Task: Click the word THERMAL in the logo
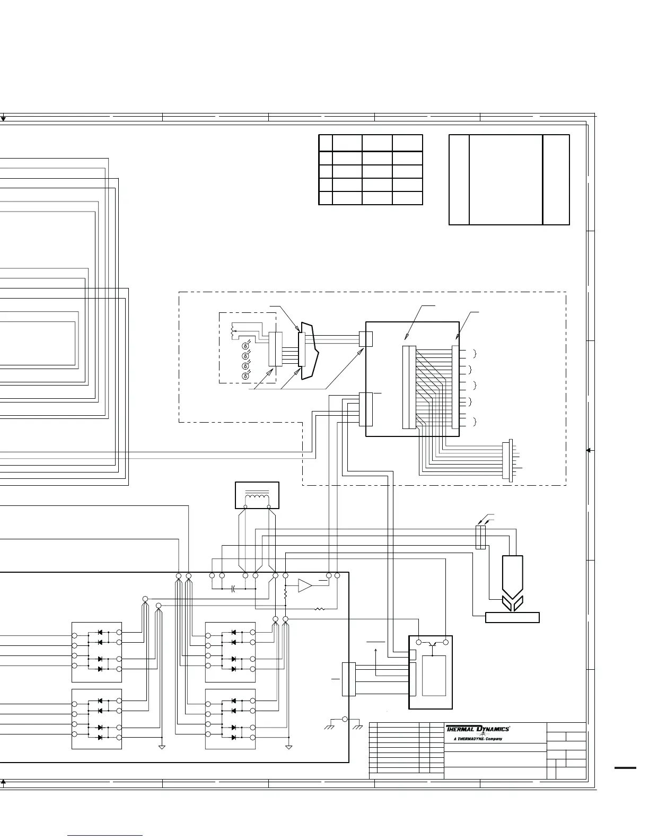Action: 459,729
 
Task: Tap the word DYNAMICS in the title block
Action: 493,729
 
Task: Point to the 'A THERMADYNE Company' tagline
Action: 478,739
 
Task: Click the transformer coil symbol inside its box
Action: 257,497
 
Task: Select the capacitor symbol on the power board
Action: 234,588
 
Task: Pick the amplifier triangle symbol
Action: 305,585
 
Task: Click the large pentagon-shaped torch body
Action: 512,576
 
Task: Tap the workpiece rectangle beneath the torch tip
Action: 512,617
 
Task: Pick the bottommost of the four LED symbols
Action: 245,376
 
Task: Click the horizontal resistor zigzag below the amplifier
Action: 319,609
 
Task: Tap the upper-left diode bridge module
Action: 97,652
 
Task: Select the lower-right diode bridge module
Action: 231,719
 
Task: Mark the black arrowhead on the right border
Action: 589,450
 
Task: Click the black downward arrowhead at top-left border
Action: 3,119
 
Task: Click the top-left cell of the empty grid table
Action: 325,143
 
